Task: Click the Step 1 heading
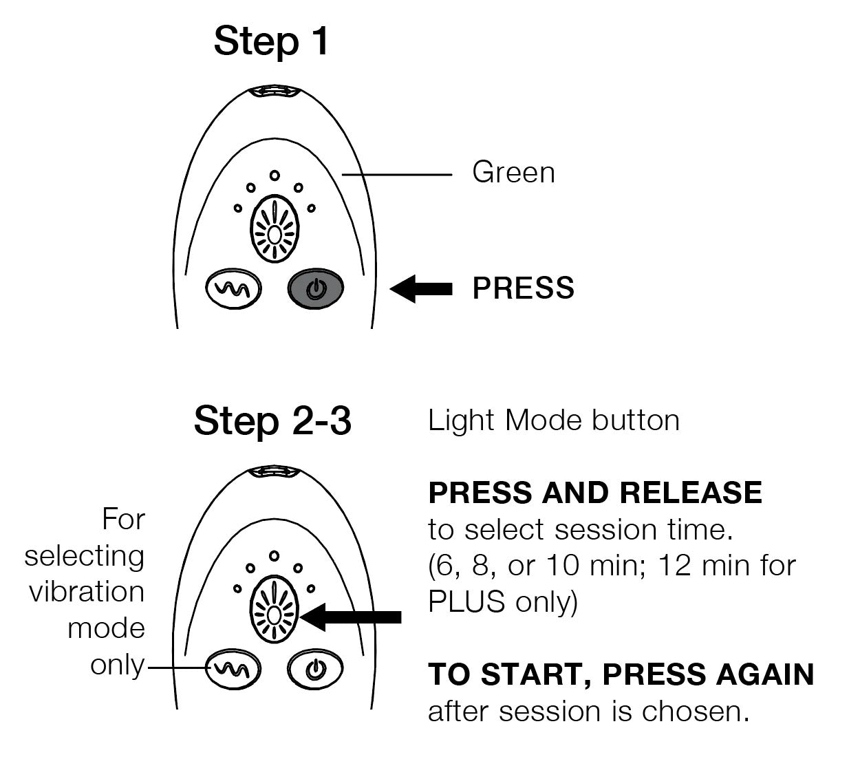272,41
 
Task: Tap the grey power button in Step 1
315,289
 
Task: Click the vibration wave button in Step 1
234,289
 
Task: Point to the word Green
513,172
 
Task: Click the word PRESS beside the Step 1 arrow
523,288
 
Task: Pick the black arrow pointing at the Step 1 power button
422,289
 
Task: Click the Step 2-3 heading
272,420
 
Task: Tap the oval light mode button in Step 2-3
274,609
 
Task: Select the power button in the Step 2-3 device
315,668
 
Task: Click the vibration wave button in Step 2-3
234,668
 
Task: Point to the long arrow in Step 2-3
352,617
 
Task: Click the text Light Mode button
554,420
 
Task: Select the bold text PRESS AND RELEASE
595,493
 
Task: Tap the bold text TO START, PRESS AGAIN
621,674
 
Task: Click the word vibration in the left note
87,592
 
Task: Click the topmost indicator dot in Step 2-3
274,555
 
